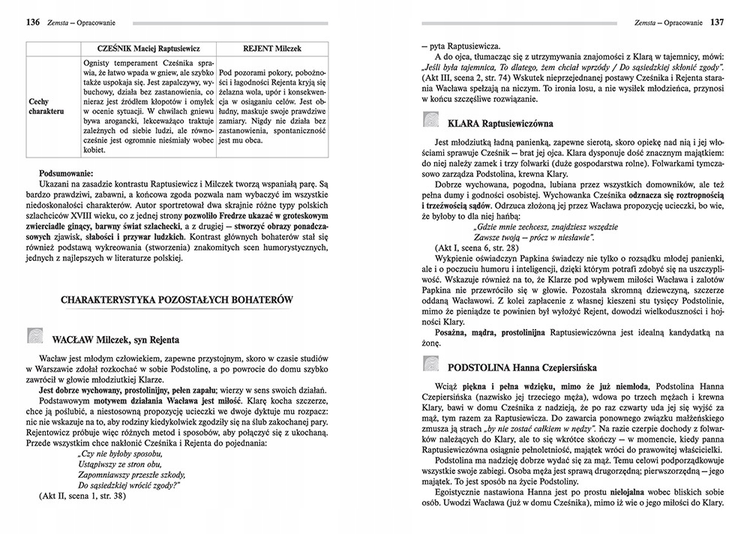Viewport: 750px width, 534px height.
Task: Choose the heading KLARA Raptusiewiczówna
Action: [x=502, y=121]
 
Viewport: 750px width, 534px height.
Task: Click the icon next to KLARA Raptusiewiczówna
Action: [x=430, y=120]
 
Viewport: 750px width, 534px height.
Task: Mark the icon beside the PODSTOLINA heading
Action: [x=430, y=367]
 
